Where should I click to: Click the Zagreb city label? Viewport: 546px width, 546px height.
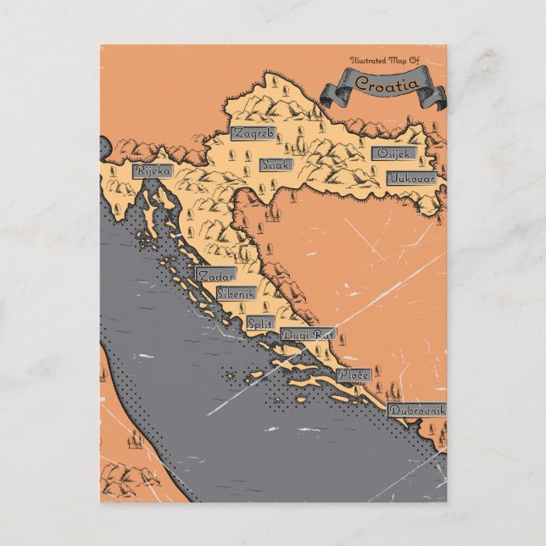[253, 134]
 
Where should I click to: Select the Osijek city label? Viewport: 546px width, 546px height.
[393, 154]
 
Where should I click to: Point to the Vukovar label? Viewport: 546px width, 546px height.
[412, 178]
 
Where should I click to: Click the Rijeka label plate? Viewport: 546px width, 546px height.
[153, 171]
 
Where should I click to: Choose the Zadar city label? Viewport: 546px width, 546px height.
[215, 276]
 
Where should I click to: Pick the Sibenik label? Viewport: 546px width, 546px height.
[236, 292]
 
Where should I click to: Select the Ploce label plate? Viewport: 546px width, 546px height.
[352, 374]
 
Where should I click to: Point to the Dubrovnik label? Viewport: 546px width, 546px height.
[416, 410]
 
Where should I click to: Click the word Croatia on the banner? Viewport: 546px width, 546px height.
[386, 83]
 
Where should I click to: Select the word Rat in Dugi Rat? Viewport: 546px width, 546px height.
[320, 335]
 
